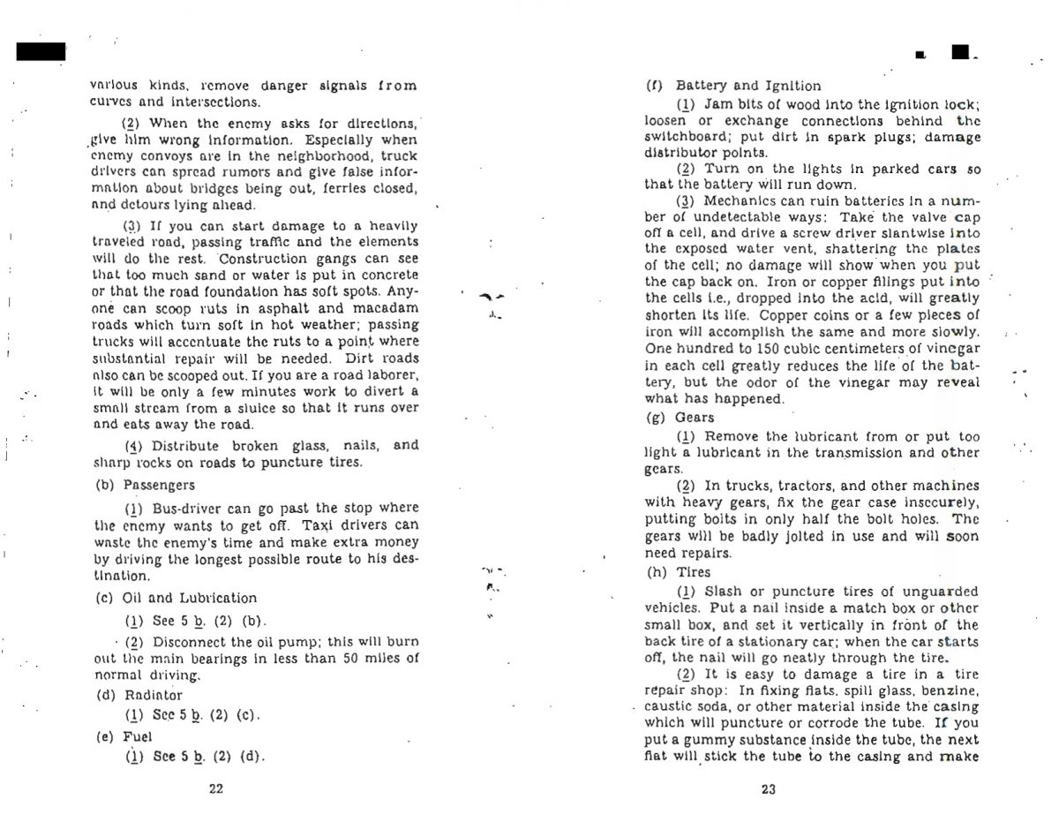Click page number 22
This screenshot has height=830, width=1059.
tap(215, 789)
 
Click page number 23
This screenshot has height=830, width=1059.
tap(768, 789)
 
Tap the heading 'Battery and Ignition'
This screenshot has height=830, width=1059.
tap(747, 86)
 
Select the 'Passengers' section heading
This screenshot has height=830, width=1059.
tap(159, 485)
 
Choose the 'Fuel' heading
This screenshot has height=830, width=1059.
tap(138, 736)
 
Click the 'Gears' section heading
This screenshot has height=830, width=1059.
tap(695, 417)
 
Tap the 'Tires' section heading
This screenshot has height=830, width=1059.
tap(694, 572)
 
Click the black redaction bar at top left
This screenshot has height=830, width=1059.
tap(41, 51)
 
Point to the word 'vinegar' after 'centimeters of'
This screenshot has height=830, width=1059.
tap(950, 349)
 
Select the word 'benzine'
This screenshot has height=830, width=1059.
tap(952, 690)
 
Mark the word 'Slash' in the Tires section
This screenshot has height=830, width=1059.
tap(724, 592)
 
